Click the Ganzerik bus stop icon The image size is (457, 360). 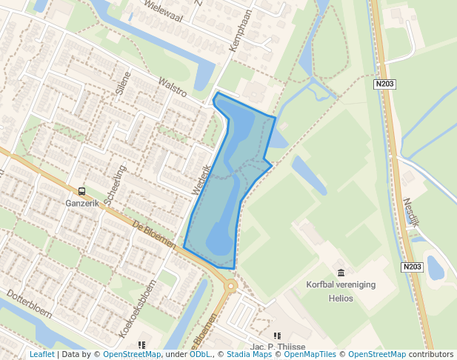(x=81, y=191)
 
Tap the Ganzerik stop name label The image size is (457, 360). (x=81, y=203)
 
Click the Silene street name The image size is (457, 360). (x=123, y=84)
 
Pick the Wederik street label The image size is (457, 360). (x=201, y=179)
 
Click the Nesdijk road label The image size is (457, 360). (x=413, y=212)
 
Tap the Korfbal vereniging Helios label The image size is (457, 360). (x=341, y=291)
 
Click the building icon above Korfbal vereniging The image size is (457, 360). (x=341, y=273)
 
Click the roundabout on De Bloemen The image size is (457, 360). (x=230, y=285)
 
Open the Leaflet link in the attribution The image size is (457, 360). (x=41, y=355)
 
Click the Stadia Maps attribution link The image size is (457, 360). (x=249, y=355)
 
